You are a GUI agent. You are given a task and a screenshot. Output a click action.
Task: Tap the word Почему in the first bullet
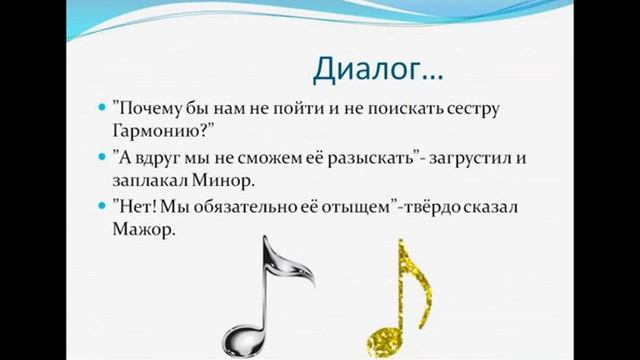pyautogui.click(x=152, y=107)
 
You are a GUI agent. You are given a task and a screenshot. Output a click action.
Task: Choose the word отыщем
pyautogui.click(x=361, y=207)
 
